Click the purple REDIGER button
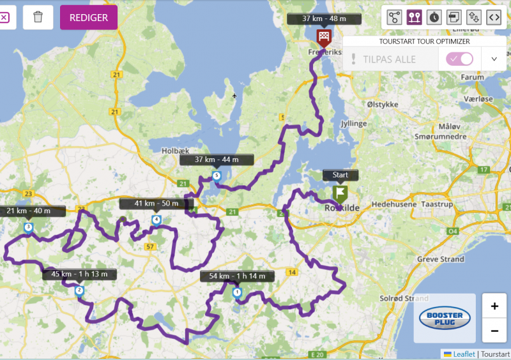coord(89,17)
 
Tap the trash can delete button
coord(38,17)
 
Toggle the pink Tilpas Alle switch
coord(460,59)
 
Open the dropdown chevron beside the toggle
coord(494,59)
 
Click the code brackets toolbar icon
coord(493,17)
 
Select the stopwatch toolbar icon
coord(434,17)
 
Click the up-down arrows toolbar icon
coord(473,17)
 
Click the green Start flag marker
coord(340,193)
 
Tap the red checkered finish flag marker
coord(324,36)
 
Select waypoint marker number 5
coord(217,176)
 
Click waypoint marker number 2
coord(79,291)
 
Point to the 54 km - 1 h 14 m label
coord(237,276)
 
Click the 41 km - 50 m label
coord(156,204)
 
